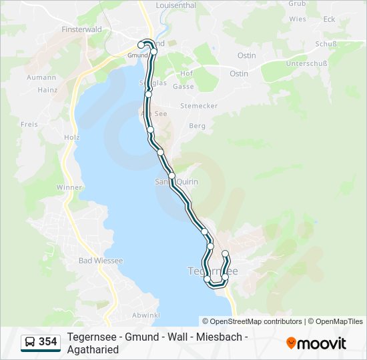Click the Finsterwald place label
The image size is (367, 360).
click(81, 30)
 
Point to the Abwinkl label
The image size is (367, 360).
click(145, 315)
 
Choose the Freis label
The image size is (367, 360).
click(29, 124)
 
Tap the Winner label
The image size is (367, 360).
click(69, 187)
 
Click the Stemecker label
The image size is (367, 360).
click(199, 106)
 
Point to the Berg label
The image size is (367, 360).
click(198, 125)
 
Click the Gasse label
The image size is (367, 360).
click(183, 87)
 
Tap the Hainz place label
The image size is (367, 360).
click(48, 89)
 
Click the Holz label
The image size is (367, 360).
click(71, 137)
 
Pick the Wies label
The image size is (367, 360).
click(298, 19)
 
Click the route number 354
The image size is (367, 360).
click(48, 342)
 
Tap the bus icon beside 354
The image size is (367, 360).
click(30, 342)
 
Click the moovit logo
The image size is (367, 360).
click(316, 343)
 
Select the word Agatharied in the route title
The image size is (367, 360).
click(93, 349)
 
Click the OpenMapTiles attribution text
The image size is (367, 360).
click(336, 321)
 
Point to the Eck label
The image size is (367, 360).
click(329, 19)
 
